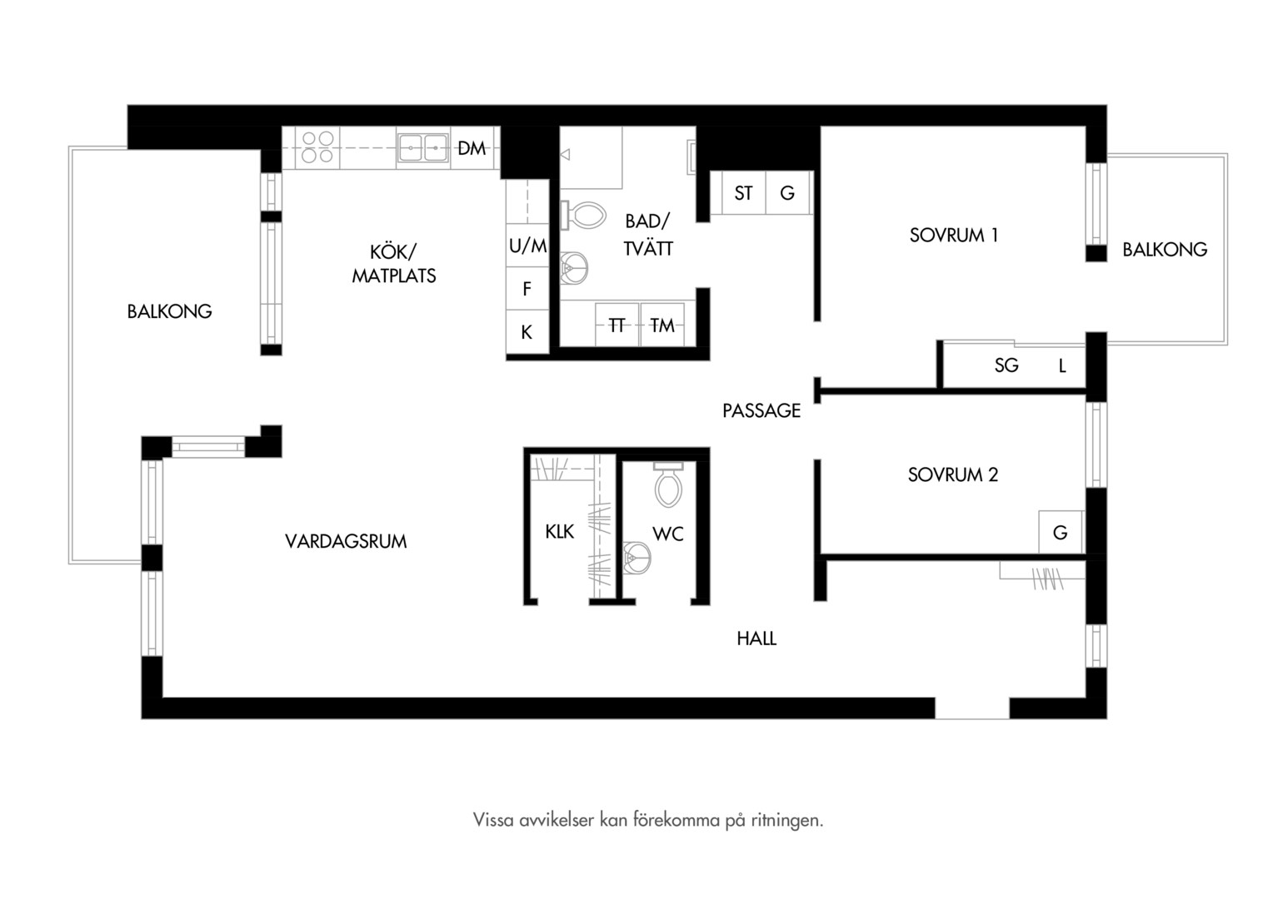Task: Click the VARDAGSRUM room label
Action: click(x=346, y=541)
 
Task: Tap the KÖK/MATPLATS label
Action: click(x=394, y=264)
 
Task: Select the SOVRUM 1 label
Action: click(x=954, y=235)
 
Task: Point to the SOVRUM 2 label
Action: click(x=953, y=474)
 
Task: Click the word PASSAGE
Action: click(x=761, y=410)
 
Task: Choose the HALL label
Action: click(x=756, y=639)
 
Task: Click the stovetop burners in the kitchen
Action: click(x=317, y=147)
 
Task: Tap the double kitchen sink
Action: click(x=422, y=148)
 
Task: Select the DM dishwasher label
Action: click(x=472, y=149)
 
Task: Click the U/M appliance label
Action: click(x=527, y=246)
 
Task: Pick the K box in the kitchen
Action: click(x=527, y=331)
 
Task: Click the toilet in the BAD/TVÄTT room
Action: click(x=583, y=216)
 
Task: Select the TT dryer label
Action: click(x=617, y=325)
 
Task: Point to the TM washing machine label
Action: click(x=662, y=325)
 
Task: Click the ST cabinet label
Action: click(x=743, y=194)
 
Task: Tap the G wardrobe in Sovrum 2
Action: click(x=1061, y=532)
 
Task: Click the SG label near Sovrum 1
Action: click(x=1006, y=365)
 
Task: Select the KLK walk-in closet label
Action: click(x=560, y=532)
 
